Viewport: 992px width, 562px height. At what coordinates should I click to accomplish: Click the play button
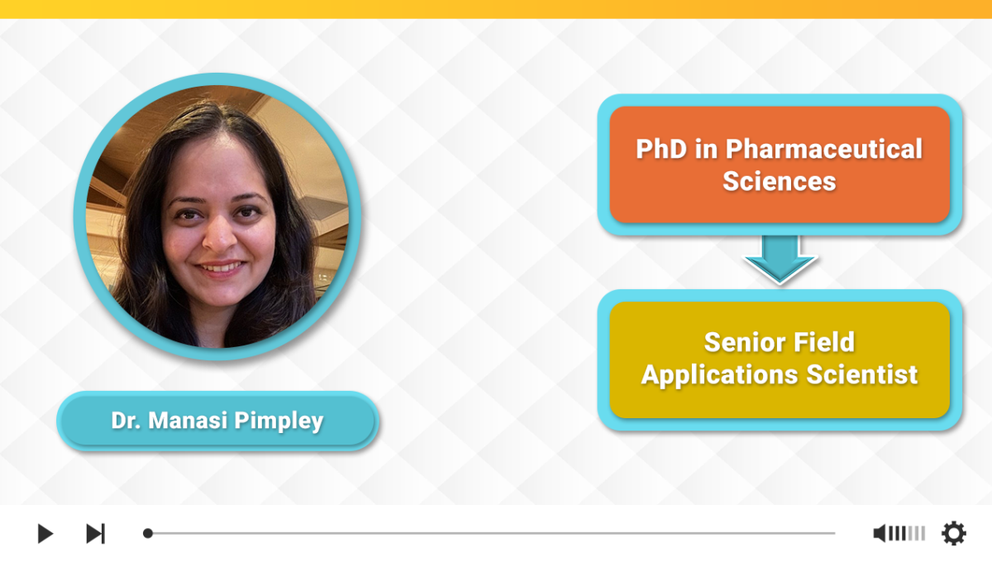[x=45, y=533]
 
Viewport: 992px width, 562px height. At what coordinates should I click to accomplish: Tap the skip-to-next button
[x=95, y=533]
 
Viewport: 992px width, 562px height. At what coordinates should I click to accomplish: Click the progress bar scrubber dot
[x=148, y=533]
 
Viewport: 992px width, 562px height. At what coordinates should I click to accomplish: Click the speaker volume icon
[x=879, y=533]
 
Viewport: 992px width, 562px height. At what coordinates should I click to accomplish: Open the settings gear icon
[x=954, y=533]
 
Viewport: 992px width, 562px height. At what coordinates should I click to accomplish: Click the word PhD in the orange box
[x=661, y=149]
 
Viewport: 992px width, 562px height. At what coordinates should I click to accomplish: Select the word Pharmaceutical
[x=823, y=149]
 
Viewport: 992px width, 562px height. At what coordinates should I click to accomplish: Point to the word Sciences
[x=780, y=182]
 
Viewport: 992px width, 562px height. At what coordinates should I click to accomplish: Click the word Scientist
[x=861, y=375]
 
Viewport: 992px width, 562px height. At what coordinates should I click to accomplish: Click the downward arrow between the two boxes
[x=780, y=260]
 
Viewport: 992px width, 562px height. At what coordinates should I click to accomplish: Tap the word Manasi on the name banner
[x=188, y=421]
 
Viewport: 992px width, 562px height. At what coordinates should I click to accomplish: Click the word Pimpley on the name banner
[x=279, y=421]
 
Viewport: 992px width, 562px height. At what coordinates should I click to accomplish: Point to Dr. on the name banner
[x=126, y=421]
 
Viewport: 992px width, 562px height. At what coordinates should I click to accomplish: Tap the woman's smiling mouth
[x=220, y=268]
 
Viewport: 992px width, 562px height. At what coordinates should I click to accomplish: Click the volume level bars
[x=907, y=533]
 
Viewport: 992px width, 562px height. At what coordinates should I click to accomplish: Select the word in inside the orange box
[x=706, y=149]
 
